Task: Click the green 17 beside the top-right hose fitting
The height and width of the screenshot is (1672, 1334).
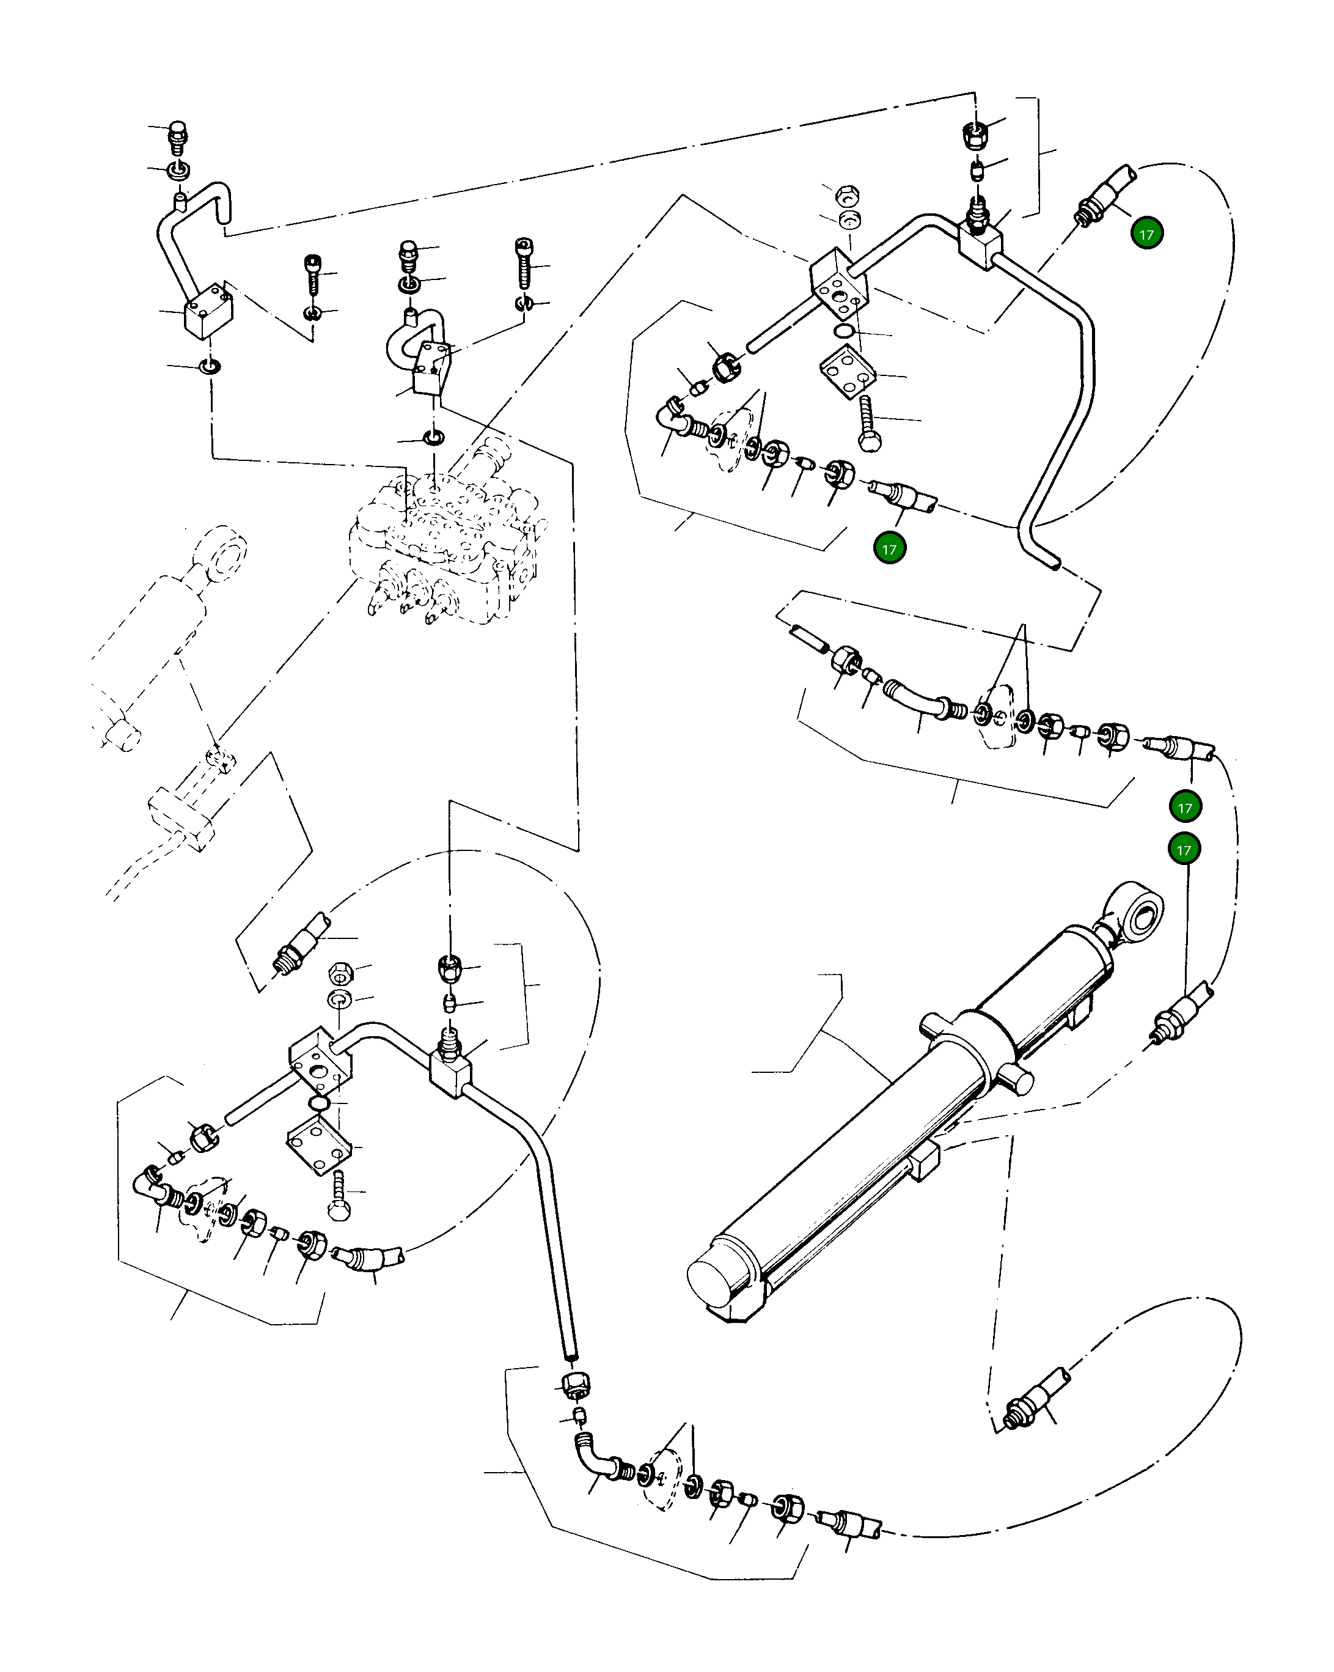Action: coord(1146,234)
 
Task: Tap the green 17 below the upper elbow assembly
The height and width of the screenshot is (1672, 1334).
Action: coord(889,548)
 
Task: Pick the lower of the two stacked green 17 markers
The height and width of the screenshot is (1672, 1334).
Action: coord(1184,849)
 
